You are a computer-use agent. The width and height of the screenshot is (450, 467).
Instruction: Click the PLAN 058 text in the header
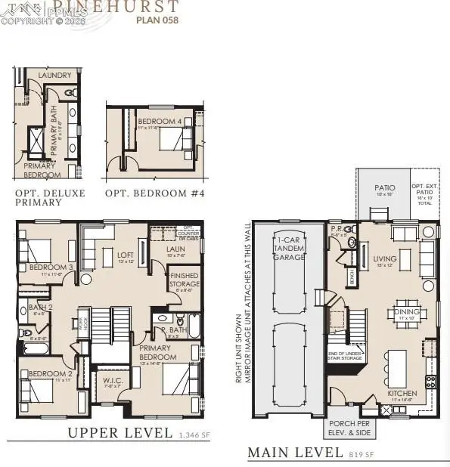pos(157,20)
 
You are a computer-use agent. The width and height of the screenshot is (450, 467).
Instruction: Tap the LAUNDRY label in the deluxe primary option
pos(55,76)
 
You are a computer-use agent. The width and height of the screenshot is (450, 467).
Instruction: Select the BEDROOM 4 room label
pos(158,121)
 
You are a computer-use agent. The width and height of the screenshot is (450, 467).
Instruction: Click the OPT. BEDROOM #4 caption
pos(154,193)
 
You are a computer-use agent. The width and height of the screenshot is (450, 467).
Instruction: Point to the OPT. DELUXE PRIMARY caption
pos(50,198)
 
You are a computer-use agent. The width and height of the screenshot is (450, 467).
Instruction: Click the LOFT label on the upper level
pos(126,255)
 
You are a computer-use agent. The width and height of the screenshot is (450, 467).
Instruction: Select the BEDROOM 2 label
pos(49,373)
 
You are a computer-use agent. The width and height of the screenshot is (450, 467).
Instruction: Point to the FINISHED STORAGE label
pos(185,280)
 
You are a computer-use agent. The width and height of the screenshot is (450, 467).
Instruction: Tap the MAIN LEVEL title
pos(295,453)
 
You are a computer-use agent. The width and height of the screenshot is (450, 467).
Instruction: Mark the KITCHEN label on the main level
pos(402,394)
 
